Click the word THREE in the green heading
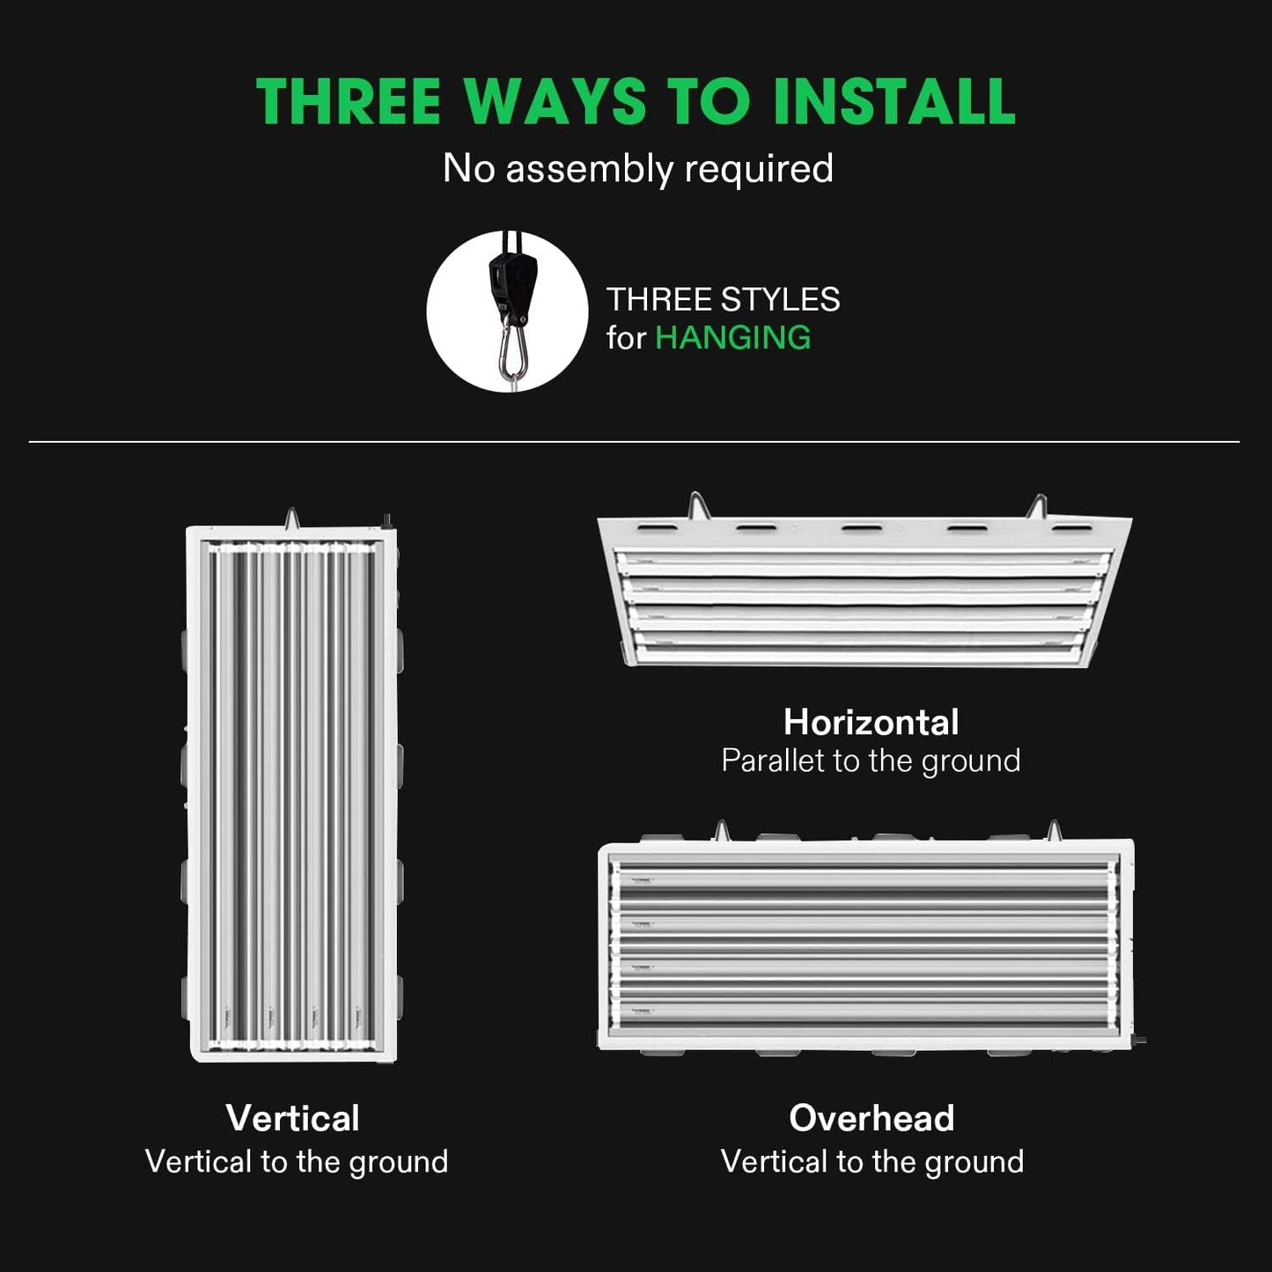point(348,101)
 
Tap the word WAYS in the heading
point(555,101)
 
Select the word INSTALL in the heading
point(893,101)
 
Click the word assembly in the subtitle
point(589,170)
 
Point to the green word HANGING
point(732,337)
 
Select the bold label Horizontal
point(871,722)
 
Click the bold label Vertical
point(292,1118)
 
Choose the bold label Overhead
point(871,1118)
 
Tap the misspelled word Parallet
point(772,761)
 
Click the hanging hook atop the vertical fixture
point(291,518)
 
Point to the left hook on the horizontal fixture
point(696,505)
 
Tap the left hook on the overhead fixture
point(722,830)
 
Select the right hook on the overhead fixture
point(1055,830)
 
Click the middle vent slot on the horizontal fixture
point(862,527)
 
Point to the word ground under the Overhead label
point(974,1163)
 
